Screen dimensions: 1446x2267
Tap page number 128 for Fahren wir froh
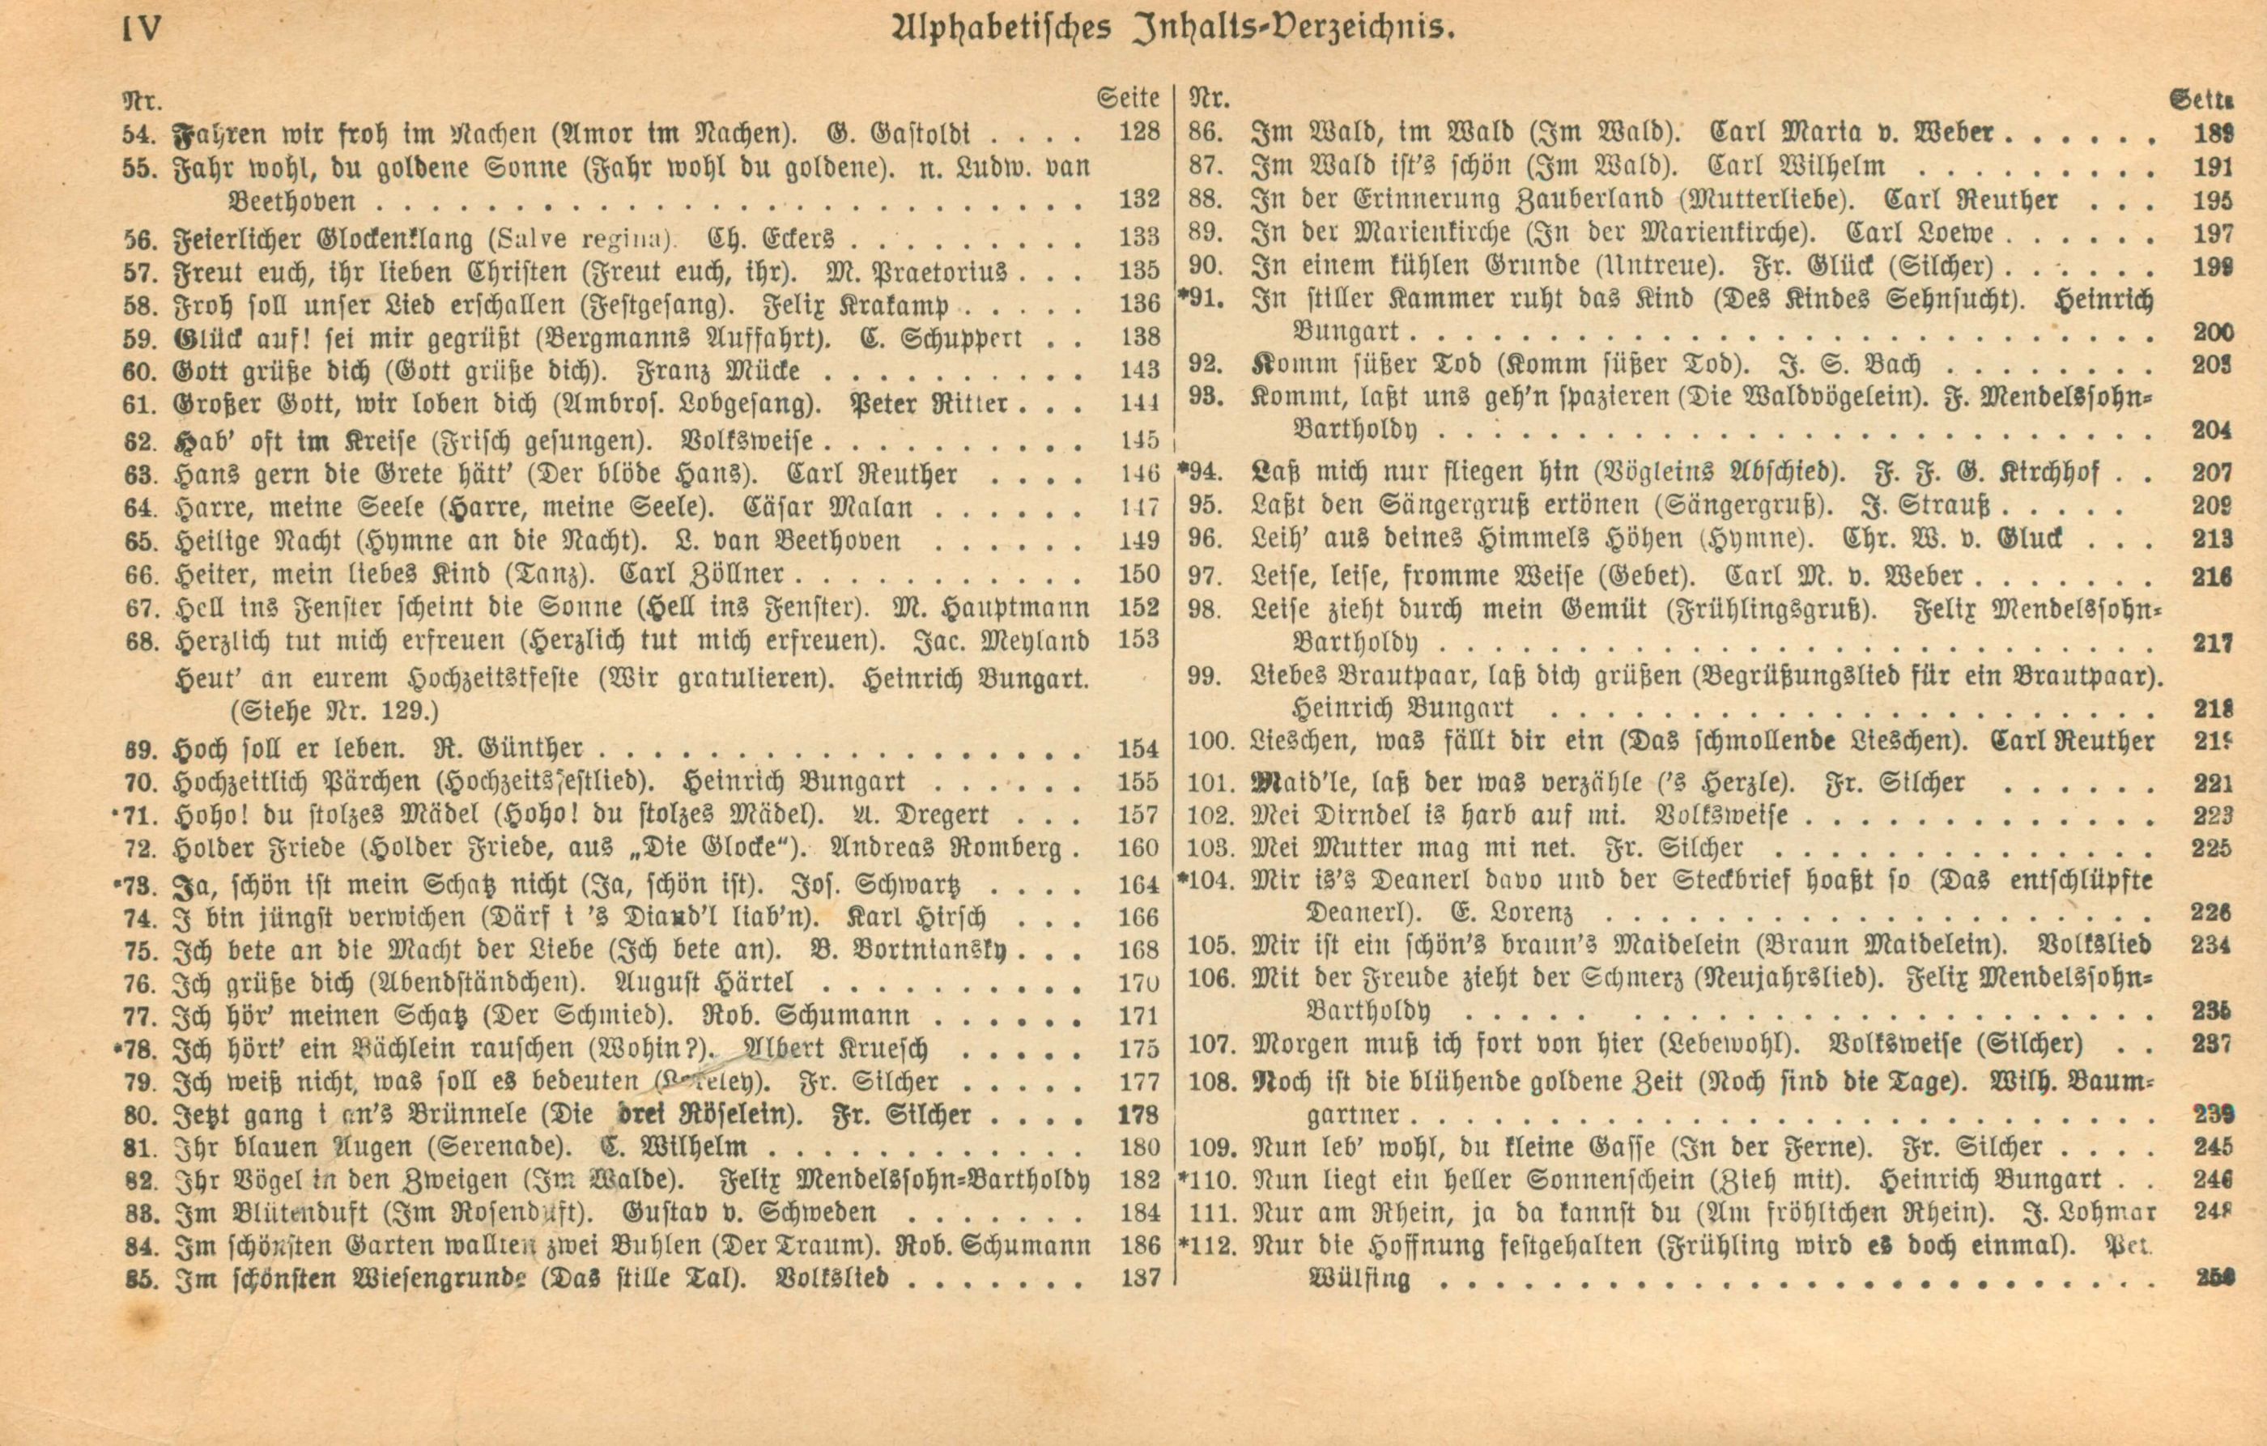[x=1139, y=132]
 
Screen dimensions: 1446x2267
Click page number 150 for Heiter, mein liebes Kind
[x=1140, y=574]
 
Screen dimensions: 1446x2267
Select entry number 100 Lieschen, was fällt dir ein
[x=1210, y=742]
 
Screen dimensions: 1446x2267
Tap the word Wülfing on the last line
[x=1359, y=1279]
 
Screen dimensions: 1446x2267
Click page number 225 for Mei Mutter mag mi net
[x=2211, y=849]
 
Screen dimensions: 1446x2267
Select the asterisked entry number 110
[x=1206, y=1180]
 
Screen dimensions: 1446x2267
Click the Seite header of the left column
[x=1128, y=97]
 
